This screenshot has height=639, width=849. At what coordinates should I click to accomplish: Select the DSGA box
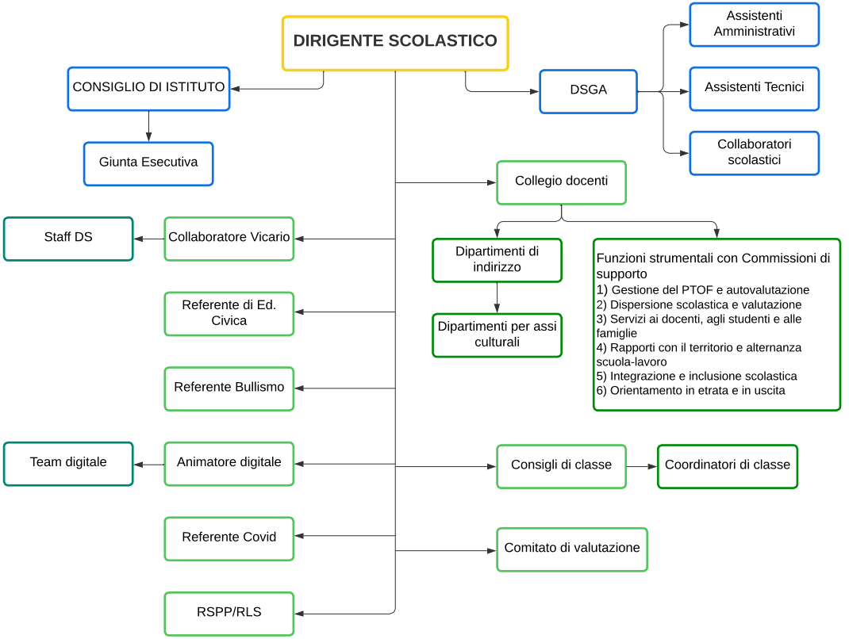[588, 91]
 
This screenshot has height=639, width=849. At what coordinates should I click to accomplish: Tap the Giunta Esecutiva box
[148, 163]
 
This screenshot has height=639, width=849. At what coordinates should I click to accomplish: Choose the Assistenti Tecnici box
[754, 88]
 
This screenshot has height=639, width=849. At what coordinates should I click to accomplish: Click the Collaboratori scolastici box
[754, 153]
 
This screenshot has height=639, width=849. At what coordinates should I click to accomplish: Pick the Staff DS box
[68, 238]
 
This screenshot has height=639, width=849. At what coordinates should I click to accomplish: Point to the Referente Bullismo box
[229, 388]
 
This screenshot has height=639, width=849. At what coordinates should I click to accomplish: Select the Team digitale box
[68, 463]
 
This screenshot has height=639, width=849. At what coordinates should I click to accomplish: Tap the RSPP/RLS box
[229, 613]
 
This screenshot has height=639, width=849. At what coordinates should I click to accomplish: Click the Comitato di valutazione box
[571, 549]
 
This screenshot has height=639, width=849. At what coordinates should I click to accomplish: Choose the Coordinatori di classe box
[727, 466]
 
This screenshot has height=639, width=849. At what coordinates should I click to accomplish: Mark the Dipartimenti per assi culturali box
[497, 335]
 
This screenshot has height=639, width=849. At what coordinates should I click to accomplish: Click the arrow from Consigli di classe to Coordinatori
[641, 466]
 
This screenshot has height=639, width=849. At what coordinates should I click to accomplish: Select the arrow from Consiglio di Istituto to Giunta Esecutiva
[148, 127]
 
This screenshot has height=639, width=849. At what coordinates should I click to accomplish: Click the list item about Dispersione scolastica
[699, 304]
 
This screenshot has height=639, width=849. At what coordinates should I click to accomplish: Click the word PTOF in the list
[697, 290]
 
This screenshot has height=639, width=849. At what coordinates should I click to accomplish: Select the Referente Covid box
[229, 538]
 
